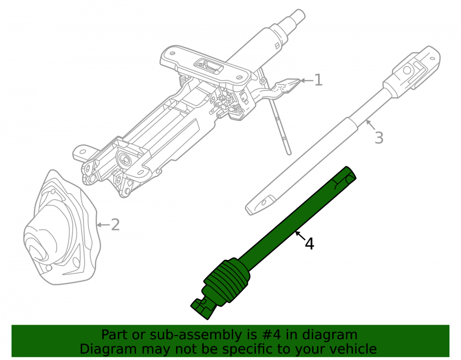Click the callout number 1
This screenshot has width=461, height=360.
point(319,80)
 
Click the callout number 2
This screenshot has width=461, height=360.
point(115,225)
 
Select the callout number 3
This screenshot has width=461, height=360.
point(379,138)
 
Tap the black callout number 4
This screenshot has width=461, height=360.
point(309,244)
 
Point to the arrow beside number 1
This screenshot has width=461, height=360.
point(307,80)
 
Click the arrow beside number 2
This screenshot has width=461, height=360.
point(103,225)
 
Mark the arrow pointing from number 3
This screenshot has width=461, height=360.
point(371,125)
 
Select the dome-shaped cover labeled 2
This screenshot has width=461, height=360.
point(60,229)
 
